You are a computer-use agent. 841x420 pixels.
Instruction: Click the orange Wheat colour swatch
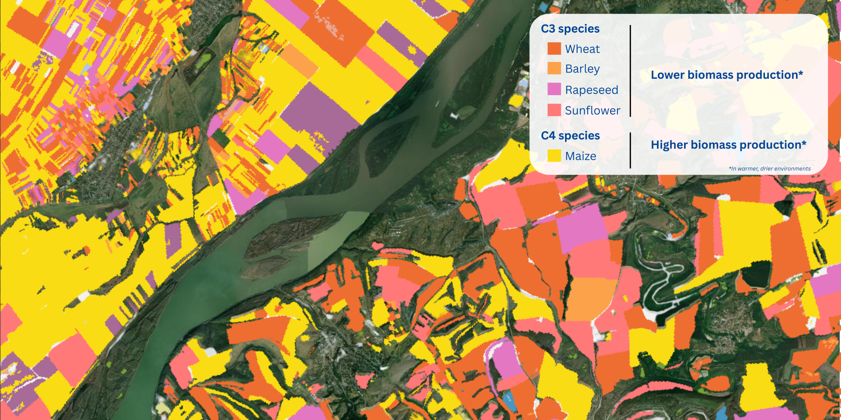click(x=554, y=49)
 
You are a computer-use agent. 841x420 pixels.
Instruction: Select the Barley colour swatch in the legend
click(x=554, y=68)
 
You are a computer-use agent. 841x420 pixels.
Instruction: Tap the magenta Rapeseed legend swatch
click(x=554, y=89)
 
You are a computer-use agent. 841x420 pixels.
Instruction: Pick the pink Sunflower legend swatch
click(x=554, y=110)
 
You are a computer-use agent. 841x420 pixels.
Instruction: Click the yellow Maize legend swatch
click(x=554, y=156)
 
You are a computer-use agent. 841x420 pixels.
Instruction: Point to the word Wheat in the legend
click(x=582, y=49)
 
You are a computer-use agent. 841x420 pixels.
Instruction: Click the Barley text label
click(x=582, y=69)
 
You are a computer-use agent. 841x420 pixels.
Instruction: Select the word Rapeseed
click(x=591, y=90)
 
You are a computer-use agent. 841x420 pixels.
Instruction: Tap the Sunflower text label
click(x=592, y=111)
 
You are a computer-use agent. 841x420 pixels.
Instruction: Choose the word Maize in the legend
click(x=580, y=156)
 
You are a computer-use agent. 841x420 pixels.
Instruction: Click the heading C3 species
click(x=570, y=29)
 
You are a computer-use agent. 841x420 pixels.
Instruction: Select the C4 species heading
click(x=570, y=136)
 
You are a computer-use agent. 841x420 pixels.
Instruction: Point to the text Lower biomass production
click(x=724, y=75)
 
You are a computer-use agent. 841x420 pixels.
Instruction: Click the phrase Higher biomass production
click(x=726, y=145)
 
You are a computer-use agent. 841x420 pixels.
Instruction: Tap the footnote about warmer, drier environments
click(x=769, y=169)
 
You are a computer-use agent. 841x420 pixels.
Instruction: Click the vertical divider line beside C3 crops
click(x=630, y=71)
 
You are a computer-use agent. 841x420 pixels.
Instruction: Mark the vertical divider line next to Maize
click(x=630, y=150)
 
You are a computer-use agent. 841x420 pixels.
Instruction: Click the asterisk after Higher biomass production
click(x=804, y=143)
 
